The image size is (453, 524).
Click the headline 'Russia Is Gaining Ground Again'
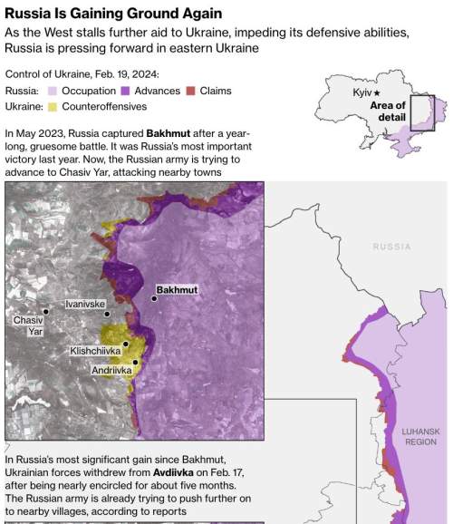pos(113,13)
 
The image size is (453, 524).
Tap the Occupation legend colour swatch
pos(53,91)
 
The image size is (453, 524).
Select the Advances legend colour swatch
pos(126,91)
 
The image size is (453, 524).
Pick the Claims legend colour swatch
pos(191,91)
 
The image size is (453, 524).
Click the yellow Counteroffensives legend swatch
pos(53,106)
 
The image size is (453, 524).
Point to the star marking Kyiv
pos(378,93)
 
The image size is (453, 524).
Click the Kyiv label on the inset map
pos(362,93)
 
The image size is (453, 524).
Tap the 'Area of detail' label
pos(388,112)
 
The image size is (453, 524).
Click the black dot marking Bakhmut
pos(154,298)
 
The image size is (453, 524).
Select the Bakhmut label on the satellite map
pos(177,290)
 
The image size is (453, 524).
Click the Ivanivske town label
pos(85,305)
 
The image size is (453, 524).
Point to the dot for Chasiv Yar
pos(45,312)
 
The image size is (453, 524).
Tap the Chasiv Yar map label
pos(28,326)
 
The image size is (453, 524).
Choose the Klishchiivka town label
pos(97,350)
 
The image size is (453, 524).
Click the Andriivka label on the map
pos(112,370)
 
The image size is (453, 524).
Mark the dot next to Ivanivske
pos(107,315)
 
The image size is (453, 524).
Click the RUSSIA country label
pos(391,247)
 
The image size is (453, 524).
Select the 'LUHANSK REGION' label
pos(420,437)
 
